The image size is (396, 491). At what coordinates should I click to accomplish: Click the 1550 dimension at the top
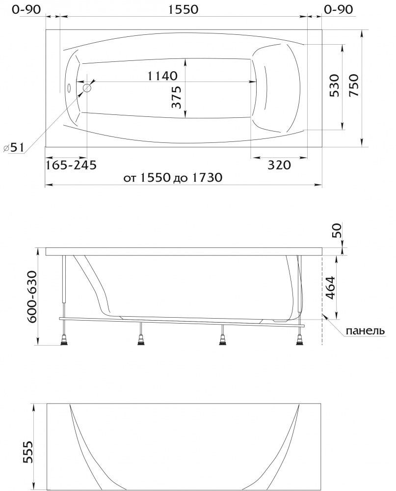point(184,9)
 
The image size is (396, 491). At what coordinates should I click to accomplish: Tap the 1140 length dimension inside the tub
point(162,76)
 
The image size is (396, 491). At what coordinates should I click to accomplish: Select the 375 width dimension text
point(177,97)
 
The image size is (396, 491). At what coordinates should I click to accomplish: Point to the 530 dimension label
point(334,85)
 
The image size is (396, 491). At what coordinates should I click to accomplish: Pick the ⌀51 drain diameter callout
point(13,147)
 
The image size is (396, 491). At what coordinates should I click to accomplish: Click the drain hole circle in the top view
point(87,88)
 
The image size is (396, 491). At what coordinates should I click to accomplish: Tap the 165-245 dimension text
point(71,164)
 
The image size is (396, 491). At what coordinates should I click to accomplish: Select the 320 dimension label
point(279,164)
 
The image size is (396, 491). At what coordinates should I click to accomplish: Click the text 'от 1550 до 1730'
point(173,178)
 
